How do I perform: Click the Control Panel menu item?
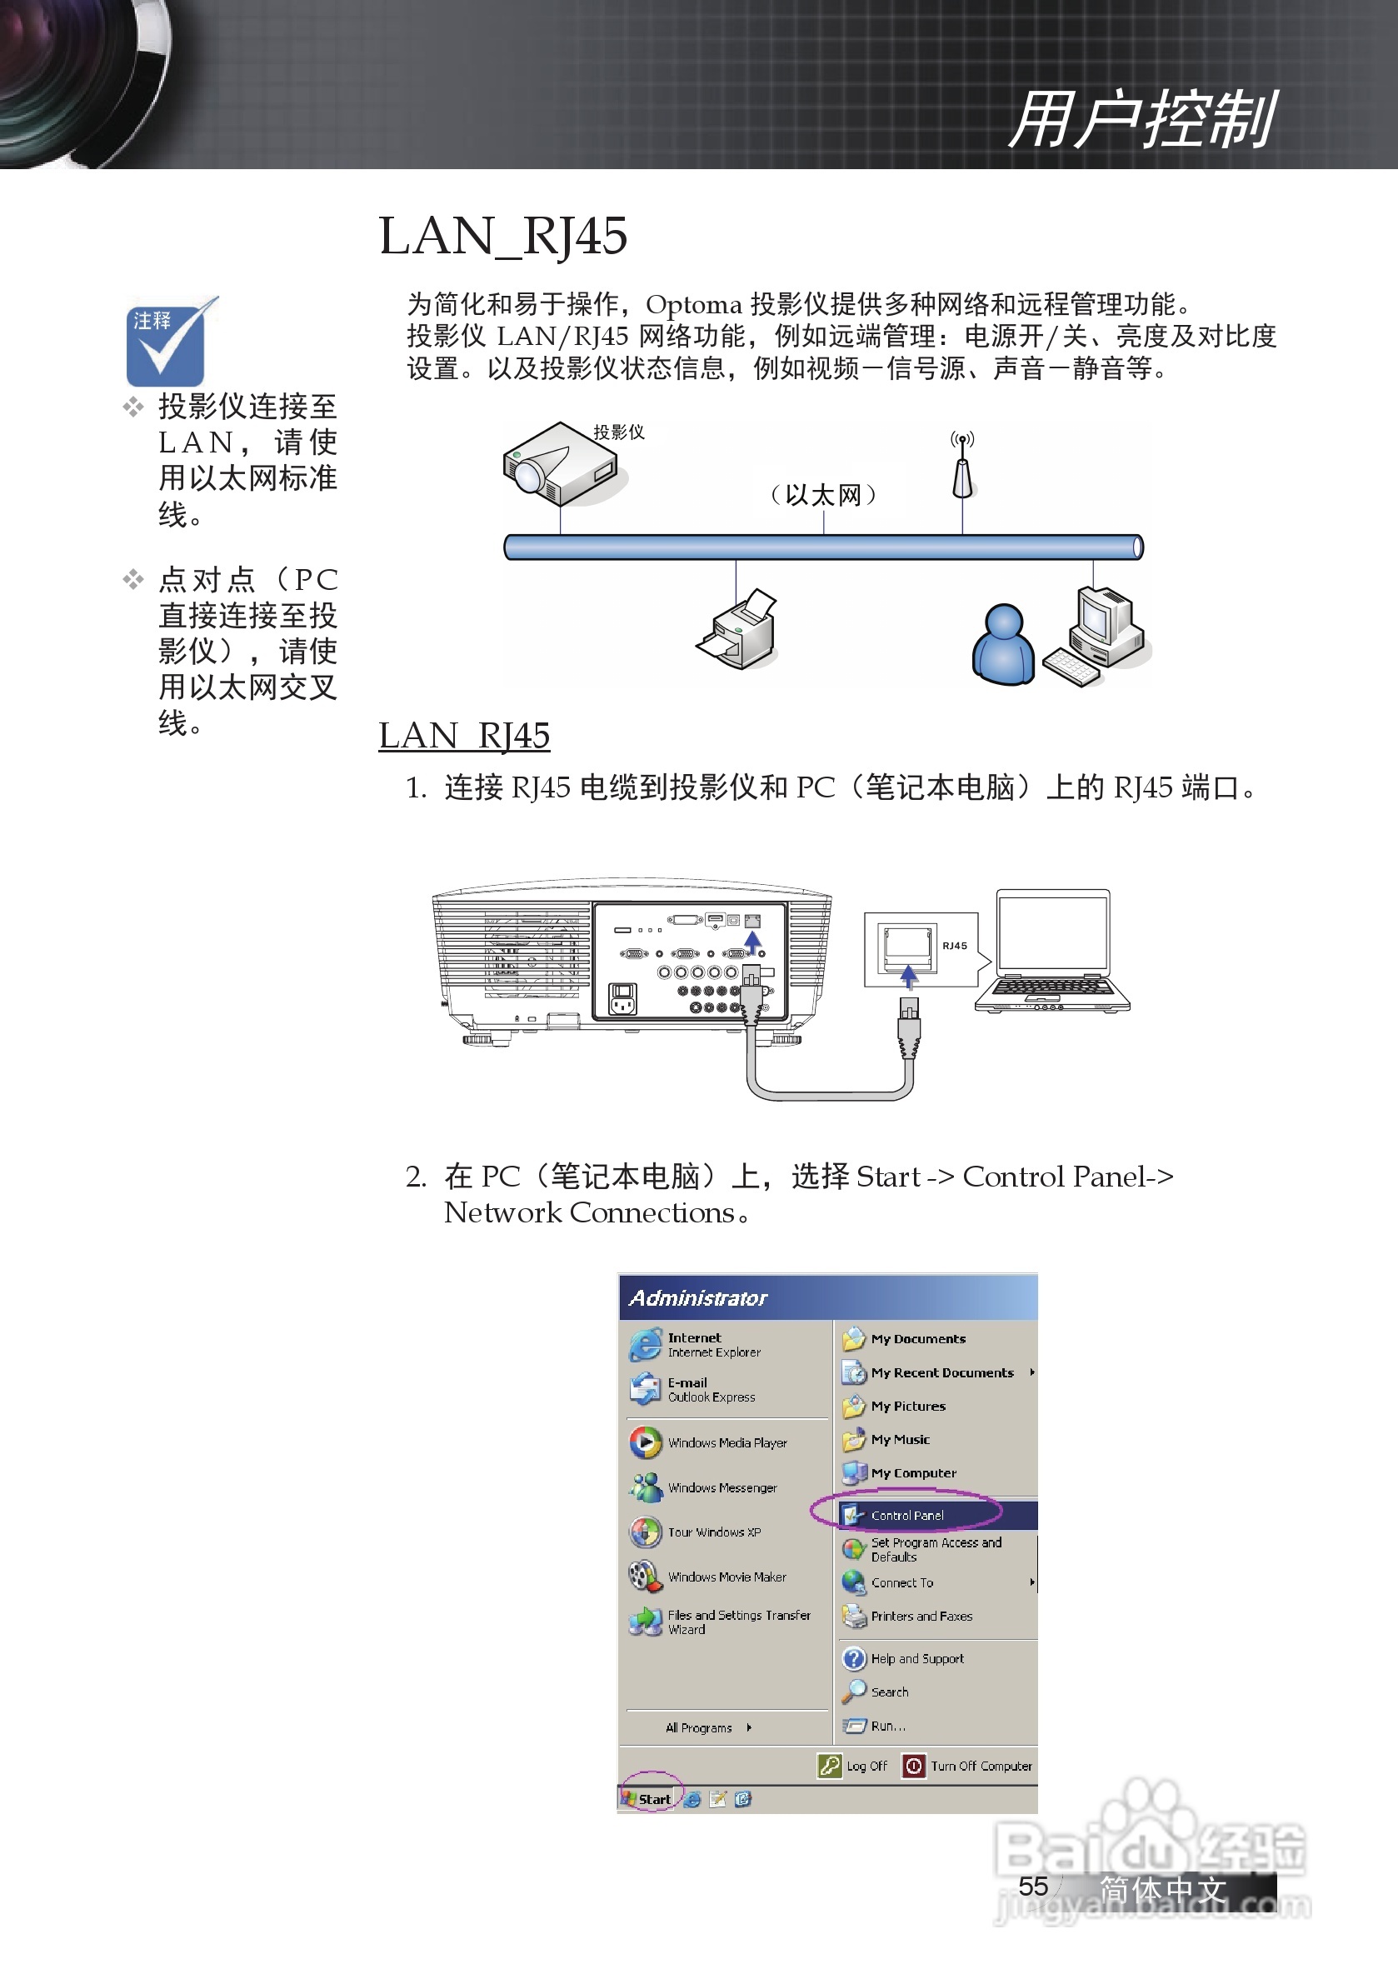pos(907,1515)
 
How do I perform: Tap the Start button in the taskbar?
pos(649,1798)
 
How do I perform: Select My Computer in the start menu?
pos(912,1472)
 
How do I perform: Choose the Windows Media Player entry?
pos(726,1442)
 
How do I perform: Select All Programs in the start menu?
pos(699,1727)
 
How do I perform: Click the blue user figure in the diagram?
pos(1002,646)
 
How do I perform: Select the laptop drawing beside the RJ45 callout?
pos(1051,951)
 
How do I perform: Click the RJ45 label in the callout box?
pos(954,946)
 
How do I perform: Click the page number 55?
pos(1032,1886)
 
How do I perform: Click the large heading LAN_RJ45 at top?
pos(503,236)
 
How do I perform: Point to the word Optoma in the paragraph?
pos(693,305)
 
